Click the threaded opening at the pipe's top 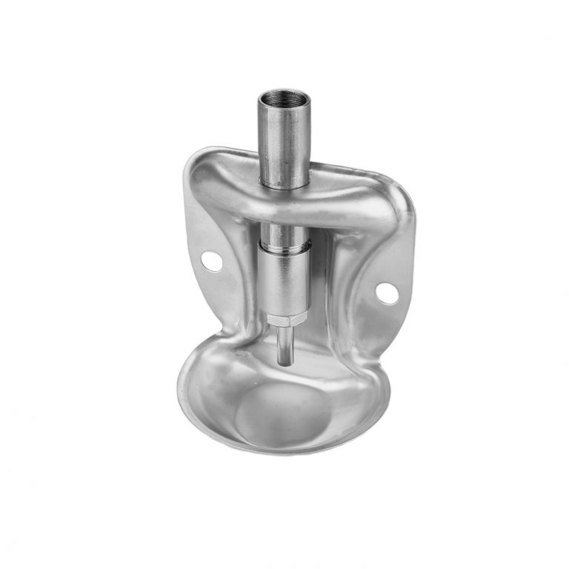[284, 98]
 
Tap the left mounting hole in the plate [210, 260]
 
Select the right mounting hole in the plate [386, 293]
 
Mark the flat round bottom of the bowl [285, 415]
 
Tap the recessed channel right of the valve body [326, 296]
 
